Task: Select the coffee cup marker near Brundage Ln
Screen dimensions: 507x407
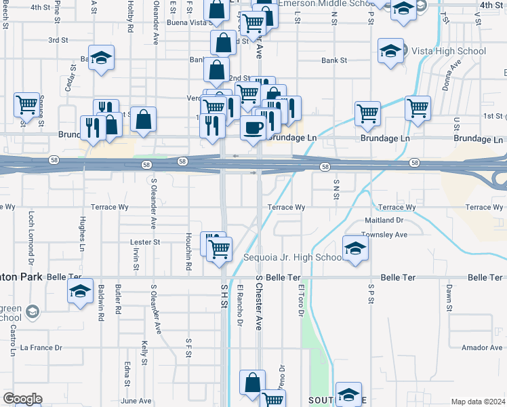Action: pyautogui.click(x=254, y=127)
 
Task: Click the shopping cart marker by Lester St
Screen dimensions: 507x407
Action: pyautogui.click(x=219, y=249)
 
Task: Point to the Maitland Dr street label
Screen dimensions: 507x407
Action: pyautogui.click(x=384, y=220)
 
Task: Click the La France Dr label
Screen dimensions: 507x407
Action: pyautogui.click(x=41, y=347)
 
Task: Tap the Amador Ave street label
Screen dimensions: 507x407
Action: pyautogui.click(x=481, y=347)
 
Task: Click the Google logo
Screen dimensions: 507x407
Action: pyautogui.click(x=22, y=399)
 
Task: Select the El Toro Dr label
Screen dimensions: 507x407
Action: pyautogui.click(x=300, y=298)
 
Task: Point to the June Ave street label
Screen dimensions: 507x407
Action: pyautogui.click(x=136, y=401)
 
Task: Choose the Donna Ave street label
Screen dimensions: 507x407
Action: pyautogui.click(x=451, y=73)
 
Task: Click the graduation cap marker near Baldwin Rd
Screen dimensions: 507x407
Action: pyautogui.click(x=80, y=292)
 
